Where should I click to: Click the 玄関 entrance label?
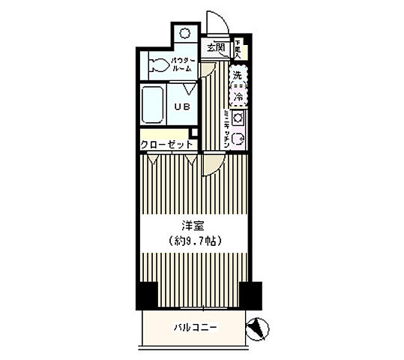(x=216, y=47)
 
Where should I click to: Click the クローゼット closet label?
(x=166, y=144)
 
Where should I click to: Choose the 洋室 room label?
(x=194, y=225)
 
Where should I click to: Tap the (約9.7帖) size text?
(x=194, y=241)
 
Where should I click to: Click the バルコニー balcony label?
(x=196, y=327)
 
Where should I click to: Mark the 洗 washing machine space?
(x=238, y=76)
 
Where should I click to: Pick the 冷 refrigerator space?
(x=238, y=97)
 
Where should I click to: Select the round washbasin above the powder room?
(x=185, y=34)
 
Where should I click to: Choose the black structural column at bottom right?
(x=250, y=294)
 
